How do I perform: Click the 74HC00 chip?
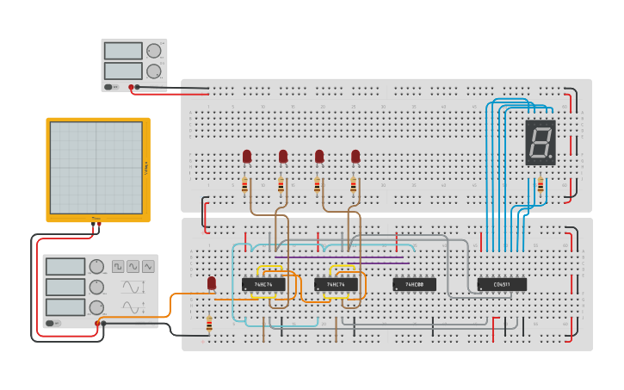[414, 284]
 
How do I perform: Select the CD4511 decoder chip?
[502, 284]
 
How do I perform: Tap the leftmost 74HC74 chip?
[263, 284]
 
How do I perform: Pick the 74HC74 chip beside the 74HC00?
[336, 284]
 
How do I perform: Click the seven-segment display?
[541, 142]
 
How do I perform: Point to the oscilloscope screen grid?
[96, 167]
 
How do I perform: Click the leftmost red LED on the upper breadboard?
[247, 156]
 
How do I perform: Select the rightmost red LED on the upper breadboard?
[355, 156]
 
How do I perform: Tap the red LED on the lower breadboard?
[212, 283]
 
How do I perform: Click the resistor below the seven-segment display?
[541, 185]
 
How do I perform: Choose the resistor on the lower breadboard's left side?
[209, 324]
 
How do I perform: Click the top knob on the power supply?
[153, 51]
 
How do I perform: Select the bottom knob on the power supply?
[153, 71]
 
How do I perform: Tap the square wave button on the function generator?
[118, 267]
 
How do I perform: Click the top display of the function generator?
[66, 267]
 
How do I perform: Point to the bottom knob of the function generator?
[97, 306]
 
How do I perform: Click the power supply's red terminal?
[132, 87]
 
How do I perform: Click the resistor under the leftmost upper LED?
[245, 185]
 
